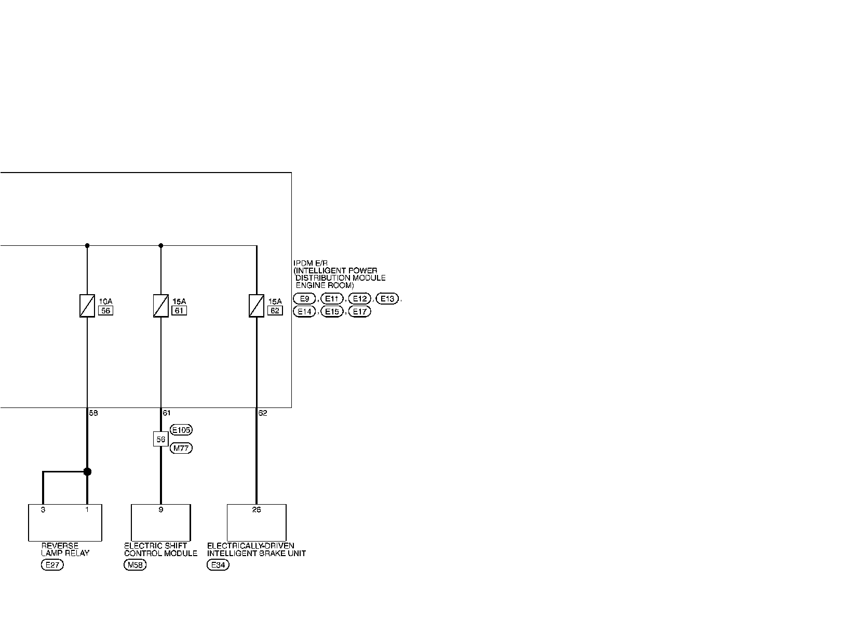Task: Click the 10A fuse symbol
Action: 87,306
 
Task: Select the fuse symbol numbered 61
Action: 160,306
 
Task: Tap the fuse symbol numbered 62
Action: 257,306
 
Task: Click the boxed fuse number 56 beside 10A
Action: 105,311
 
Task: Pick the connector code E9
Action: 304,299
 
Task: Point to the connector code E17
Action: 359,312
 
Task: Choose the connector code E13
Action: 387,299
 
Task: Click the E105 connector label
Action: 181,430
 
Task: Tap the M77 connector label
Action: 181,448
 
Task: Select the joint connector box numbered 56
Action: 161,439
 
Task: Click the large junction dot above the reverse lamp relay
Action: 87,471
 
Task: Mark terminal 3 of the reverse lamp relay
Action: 43,510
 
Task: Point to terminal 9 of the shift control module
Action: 161,510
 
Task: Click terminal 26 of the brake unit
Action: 257,510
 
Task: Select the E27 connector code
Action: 52,565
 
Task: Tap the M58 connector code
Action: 135,565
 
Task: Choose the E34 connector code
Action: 218,565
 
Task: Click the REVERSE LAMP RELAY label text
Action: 65,549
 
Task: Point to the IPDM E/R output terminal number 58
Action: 93,413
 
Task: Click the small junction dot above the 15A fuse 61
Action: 161,245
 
